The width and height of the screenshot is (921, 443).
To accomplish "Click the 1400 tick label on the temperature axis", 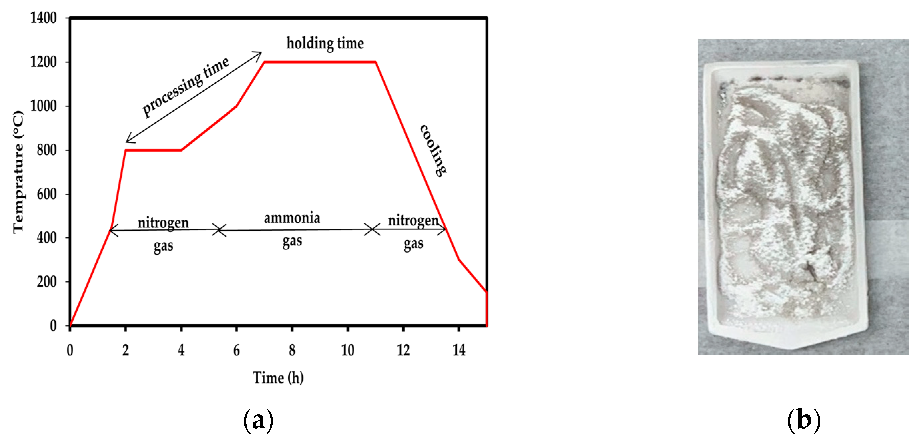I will (43, 18).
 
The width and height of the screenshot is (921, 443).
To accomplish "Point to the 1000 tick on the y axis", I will (43, 106).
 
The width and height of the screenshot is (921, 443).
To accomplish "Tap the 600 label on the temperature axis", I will (47, 194).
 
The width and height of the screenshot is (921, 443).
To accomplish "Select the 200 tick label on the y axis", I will (47, 282).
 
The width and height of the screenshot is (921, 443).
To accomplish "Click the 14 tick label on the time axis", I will (459, 350).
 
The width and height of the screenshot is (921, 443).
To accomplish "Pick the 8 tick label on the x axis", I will (292, 350).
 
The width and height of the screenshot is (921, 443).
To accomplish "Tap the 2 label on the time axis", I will (125, 350).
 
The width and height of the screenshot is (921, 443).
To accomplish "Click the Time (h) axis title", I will (278, 378).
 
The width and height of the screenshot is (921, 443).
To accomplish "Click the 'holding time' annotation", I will (325, 43).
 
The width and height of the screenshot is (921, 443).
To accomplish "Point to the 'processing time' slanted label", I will (185, 87).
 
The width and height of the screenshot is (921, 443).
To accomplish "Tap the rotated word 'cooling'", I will (433, 150).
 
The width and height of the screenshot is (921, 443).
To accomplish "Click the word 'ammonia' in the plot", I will (292, 218).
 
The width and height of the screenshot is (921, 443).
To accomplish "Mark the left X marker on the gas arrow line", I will (219, 230).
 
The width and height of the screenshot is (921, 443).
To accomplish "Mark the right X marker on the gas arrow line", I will (372, 229).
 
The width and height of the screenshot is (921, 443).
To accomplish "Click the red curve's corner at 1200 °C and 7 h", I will (264, 62).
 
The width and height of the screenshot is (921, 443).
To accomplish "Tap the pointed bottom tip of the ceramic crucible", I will (791, 348).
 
